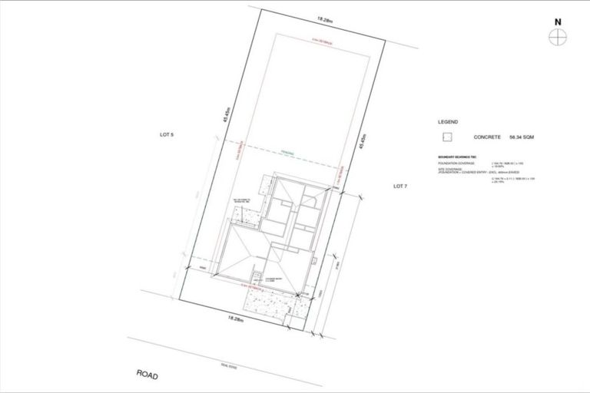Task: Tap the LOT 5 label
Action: point(167,135)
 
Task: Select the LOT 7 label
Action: point(399,187)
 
